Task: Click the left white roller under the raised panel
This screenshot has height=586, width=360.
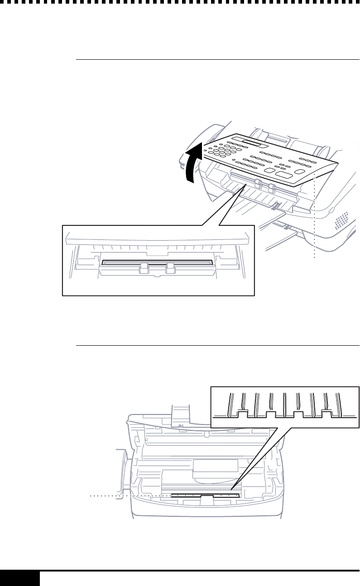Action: pos(258,183)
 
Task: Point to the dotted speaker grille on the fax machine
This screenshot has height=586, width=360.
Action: pos(341,220)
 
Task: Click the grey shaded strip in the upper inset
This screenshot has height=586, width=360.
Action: pos(157,262)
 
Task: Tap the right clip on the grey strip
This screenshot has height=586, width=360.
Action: pos(170,267)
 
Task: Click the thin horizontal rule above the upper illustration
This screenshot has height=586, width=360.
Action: pos(217,59)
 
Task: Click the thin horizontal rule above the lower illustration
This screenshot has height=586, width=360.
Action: pos(217,345)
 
